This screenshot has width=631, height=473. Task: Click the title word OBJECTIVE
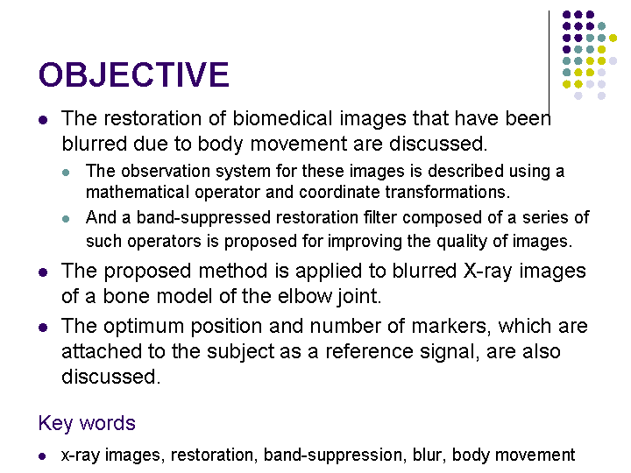click(133, 74)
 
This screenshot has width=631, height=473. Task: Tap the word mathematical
click(138, 192)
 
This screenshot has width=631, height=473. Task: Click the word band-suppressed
click(203, 218)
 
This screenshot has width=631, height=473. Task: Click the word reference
click(370, 351)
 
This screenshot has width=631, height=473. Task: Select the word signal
click(450, 352)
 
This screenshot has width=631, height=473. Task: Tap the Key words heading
click(87, 423)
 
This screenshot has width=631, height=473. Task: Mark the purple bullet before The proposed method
click(43, 272)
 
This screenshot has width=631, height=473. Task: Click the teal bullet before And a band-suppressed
click(66, 219)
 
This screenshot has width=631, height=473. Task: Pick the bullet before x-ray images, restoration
click(42, 456)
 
